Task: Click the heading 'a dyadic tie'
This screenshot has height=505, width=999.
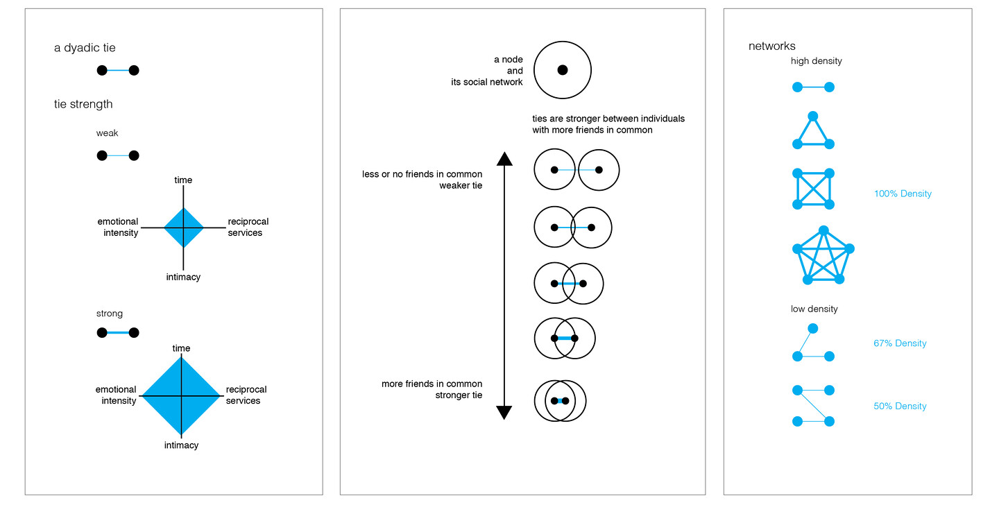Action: tap(85, 48)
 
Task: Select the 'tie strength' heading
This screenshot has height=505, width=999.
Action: tap(83, 104)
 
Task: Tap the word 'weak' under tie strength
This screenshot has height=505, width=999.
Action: tap(108, 133)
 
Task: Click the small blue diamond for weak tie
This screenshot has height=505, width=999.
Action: tap(183, 227)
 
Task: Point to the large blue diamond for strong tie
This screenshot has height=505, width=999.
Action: tap(182, 396)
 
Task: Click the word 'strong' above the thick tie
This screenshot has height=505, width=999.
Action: tap(110, 314)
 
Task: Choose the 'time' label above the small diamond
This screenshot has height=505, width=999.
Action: tap(183, 180)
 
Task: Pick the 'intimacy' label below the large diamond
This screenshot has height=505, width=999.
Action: tap(181, 445)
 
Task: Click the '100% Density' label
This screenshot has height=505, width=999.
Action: tap(903, 194)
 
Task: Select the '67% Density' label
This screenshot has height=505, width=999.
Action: tap(900, 343)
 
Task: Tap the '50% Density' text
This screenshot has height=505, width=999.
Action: tap(900, 406)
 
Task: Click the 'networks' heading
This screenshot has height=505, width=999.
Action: tap(772, 46)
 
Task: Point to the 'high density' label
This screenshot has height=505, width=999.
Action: tap(817, 61)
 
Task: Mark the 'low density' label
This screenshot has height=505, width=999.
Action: tap(814, 309)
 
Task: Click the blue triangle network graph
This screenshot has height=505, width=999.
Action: tap(813, 133)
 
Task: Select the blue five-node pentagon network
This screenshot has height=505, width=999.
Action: tap(823, 256)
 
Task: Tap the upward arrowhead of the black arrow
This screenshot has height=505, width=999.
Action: tap(504, 158)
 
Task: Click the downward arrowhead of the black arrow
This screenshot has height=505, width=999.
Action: tap(504, 413)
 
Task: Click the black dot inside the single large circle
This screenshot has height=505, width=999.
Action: tap(563, 69)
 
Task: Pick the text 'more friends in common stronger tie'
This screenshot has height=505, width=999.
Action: tap(432, 389)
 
